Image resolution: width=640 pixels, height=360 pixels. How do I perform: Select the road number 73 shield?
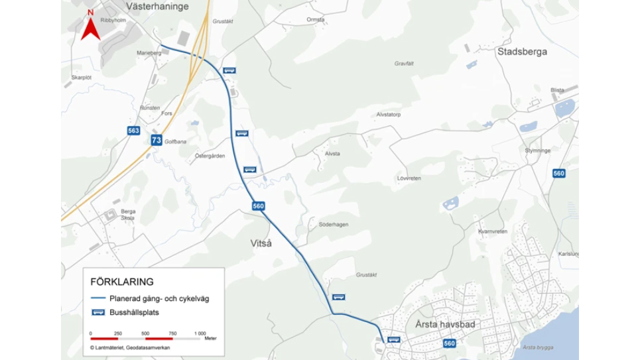pos(157,140)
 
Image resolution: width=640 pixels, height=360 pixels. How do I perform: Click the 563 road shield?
pos(134,131)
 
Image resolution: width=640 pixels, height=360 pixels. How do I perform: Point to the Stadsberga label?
pos(522,51)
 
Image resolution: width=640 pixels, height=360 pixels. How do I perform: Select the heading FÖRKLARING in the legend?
pos(122,282)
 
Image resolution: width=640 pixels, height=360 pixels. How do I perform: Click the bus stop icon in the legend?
pos(98,312)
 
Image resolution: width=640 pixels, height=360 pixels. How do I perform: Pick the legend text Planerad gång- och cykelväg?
pos(159,298)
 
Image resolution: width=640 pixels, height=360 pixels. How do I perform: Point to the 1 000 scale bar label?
pos(200,333)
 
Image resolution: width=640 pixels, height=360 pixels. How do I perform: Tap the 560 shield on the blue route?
pos(259,206)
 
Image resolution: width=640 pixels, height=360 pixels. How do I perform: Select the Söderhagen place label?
pos(333,224)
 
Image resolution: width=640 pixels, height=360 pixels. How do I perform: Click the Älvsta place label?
pos(332,153)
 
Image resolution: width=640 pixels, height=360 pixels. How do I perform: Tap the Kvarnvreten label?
pos(492,231)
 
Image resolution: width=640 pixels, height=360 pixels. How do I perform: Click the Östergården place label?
pos(210,156)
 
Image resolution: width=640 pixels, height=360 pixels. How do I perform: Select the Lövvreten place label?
pos(409,178)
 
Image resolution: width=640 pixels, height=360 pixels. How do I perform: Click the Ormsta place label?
pos(315,20)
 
